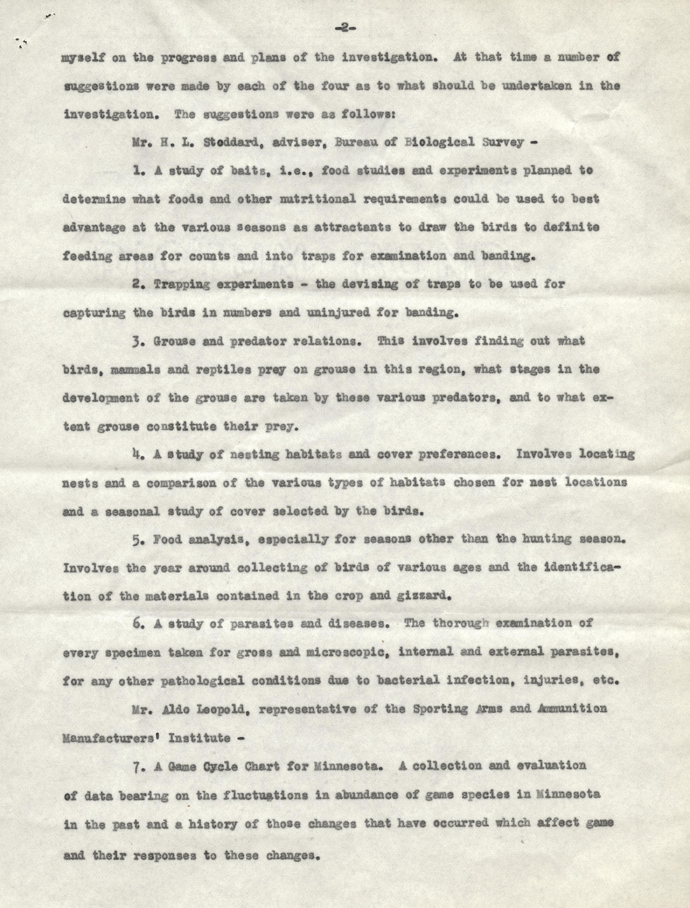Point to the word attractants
pos(352,228)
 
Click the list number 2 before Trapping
pos(136,284)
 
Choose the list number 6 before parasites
pos(137,624)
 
